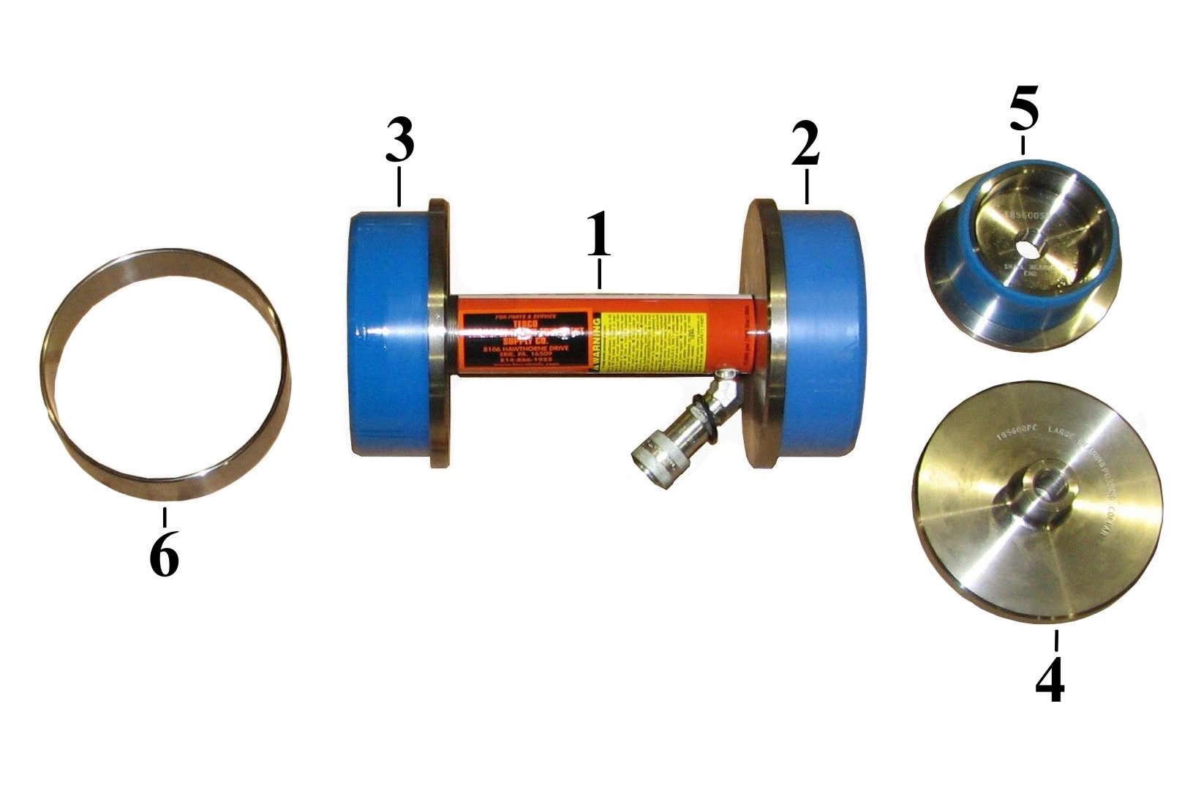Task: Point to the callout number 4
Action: [1050, 680]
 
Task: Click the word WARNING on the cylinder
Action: [598, 343]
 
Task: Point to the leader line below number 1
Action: [599, 274]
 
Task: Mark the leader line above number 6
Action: [165, 517]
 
